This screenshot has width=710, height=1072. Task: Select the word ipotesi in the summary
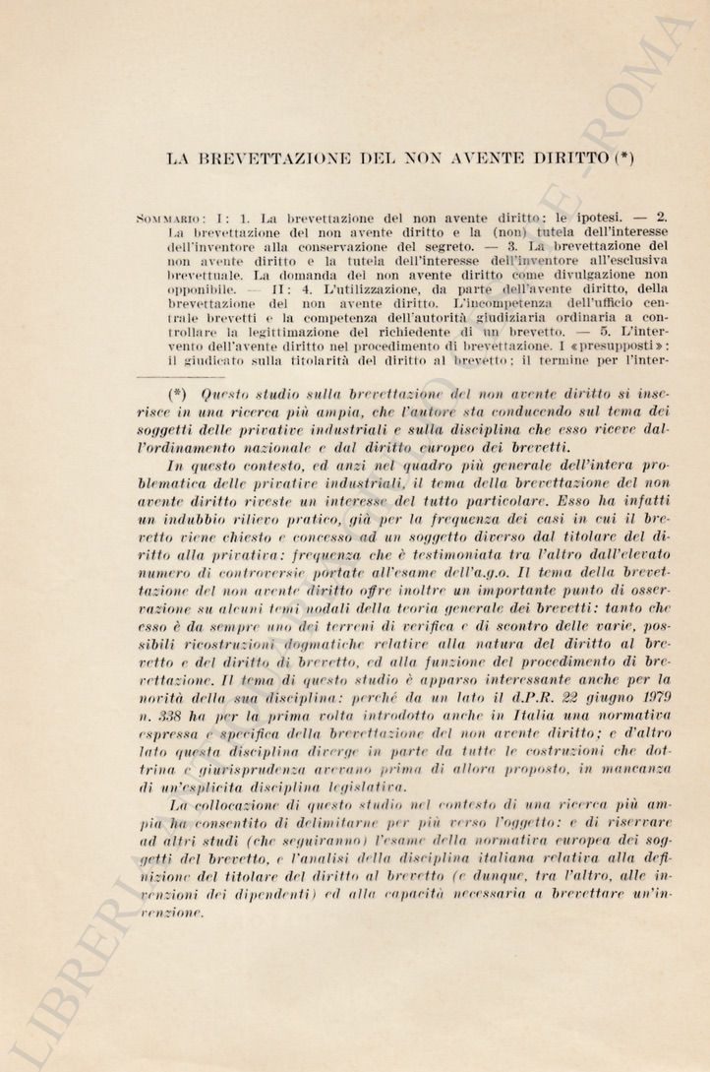coord(605,218)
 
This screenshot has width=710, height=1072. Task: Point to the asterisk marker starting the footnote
coord(178,394)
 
